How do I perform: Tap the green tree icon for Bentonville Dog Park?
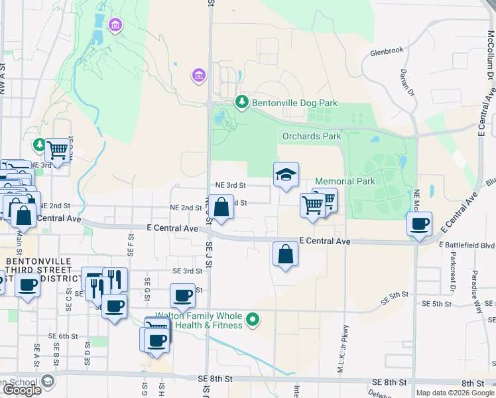click(x=243, y=102)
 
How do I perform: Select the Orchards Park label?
click(x=312, y=136)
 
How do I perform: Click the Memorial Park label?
click(x=345, y=181)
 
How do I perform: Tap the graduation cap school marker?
click(x=286, y=175)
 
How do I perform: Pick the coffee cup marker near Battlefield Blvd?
click(x=419, y=224)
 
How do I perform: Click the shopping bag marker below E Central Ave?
click(x=284, y=255)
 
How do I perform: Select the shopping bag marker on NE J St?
click(x=223, y=207)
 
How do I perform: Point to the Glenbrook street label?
click(x=387, y=51)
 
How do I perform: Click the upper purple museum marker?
click(x=115, y=25)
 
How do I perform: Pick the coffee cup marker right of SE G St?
click(x=182, y=296)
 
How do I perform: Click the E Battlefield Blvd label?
click(x=467, y=244)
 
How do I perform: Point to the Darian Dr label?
click(x=404, y=82)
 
